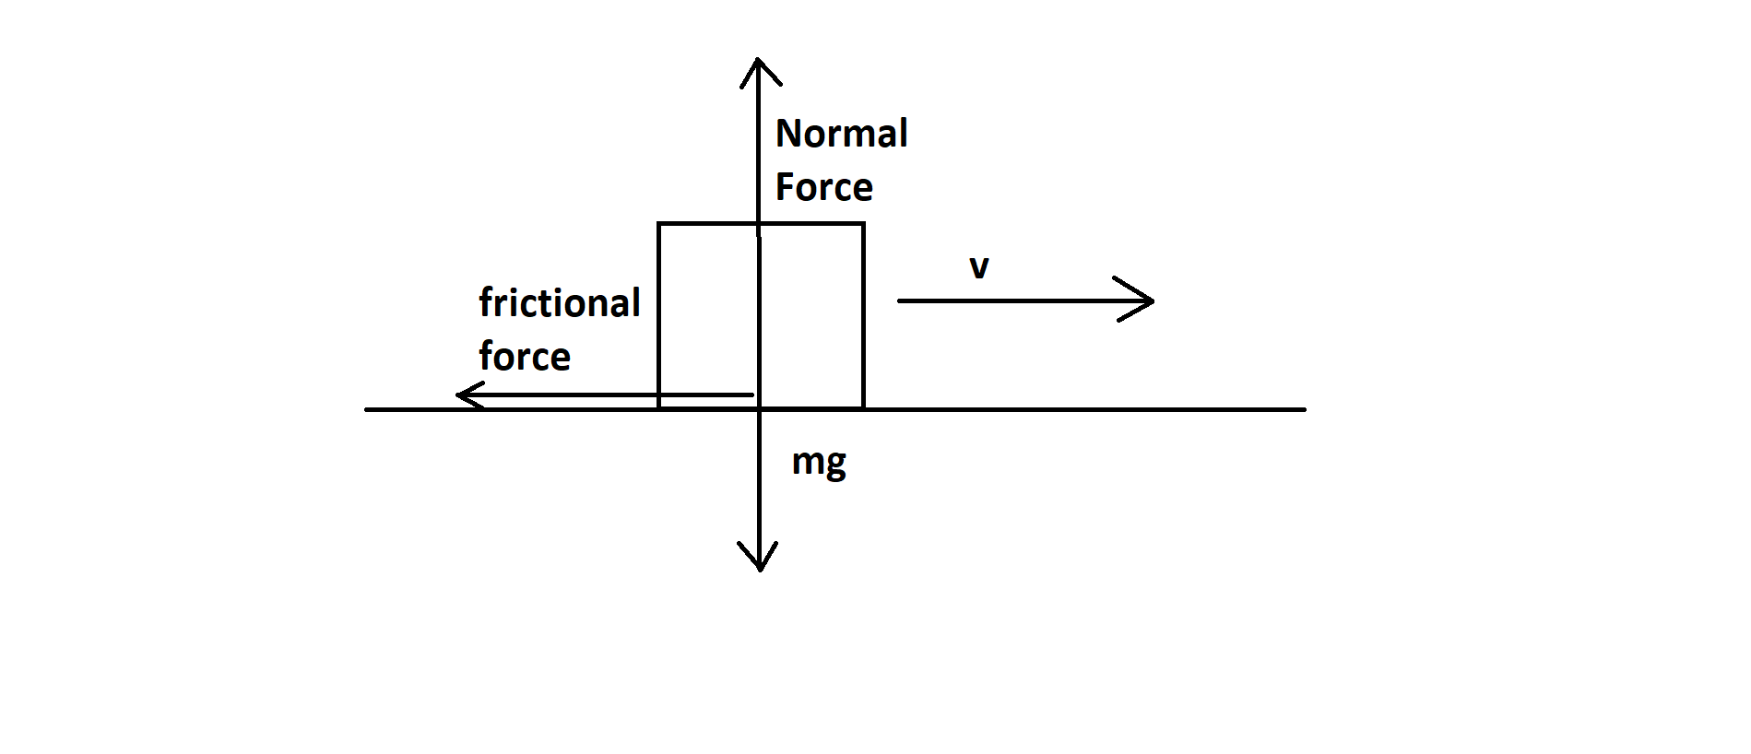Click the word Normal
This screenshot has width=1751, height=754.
841,134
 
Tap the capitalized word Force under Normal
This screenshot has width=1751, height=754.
823,187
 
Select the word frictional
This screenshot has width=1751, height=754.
560,303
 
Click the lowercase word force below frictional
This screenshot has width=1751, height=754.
525,357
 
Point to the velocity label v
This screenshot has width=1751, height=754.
979,267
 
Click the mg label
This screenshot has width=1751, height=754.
819,462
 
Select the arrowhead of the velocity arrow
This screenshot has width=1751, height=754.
1152,300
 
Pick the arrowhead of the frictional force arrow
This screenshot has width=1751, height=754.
459,396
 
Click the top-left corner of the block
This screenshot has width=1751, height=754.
658,223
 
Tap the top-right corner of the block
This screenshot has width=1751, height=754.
863,223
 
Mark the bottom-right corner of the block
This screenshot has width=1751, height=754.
863,408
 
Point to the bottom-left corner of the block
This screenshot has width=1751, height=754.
658,408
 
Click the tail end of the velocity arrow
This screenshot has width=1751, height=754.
899,300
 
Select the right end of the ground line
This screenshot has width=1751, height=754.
1305,408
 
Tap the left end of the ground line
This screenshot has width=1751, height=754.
366,408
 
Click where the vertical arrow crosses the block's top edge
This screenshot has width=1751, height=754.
758,223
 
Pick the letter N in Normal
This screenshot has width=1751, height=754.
787,134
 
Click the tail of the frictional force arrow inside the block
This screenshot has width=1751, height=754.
751,395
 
